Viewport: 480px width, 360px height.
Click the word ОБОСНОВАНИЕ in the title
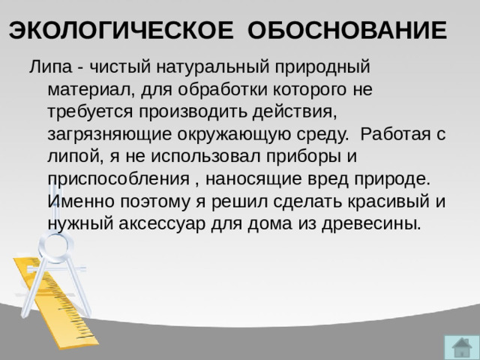346,31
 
